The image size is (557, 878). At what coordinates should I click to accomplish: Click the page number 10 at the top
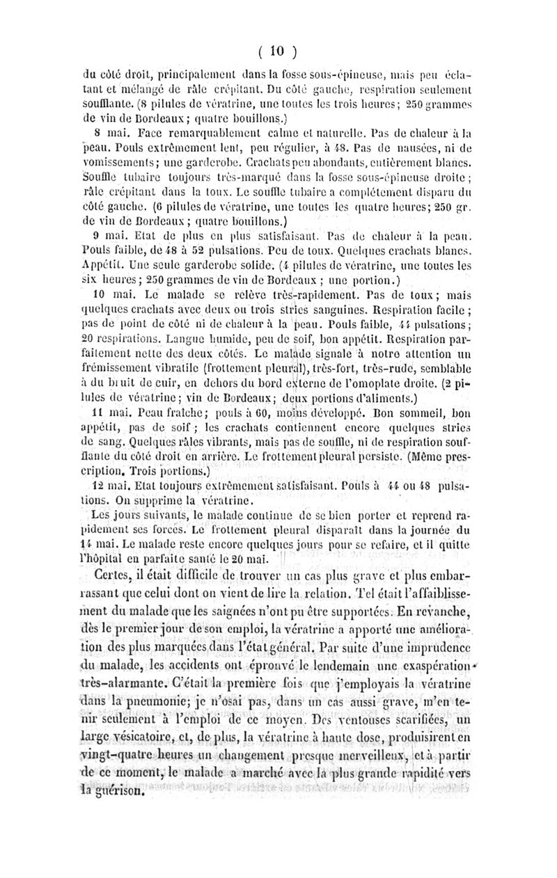pyautogui.click(x=278, y=50)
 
